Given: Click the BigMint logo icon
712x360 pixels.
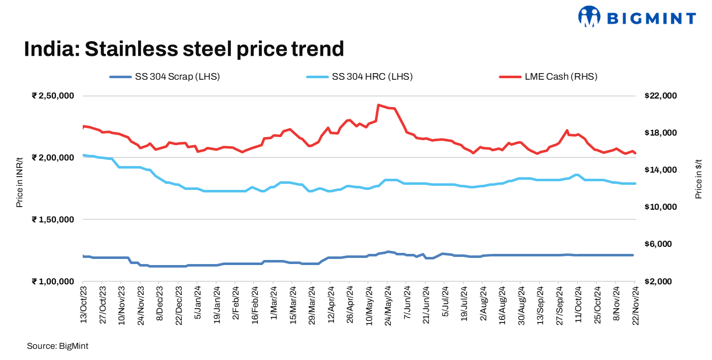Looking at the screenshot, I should coord(589,17).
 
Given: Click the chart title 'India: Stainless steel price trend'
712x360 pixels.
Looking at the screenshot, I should coord(184,49).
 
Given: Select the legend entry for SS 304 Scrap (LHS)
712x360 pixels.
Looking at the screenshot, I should coord(165,77).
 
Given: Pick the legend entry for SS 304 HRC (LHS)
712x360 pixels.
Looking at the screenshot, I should coord(360,77).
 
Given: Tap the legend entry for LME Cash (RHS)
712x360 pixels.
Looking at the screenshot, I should coord(549,77).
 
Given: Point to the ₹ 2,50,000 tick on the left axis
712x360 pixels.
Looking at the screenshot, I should coord(53,96).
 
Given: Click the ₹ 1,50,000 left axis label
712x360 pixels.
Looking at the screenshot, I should coord(53,220).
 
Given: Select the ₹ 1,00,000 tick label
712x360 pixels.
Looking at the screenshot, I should coord(53,282).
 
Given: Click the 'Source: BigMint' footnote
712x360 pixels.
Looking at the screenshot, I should coord(58,346).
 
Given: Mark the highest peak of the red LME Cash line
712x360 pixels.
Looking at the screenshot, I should coord(379,105).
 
